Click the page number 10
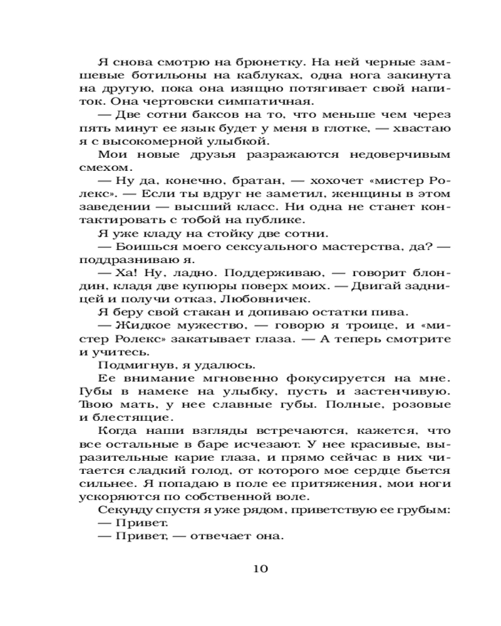[261, 568]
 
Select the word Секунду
[123, 510]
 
